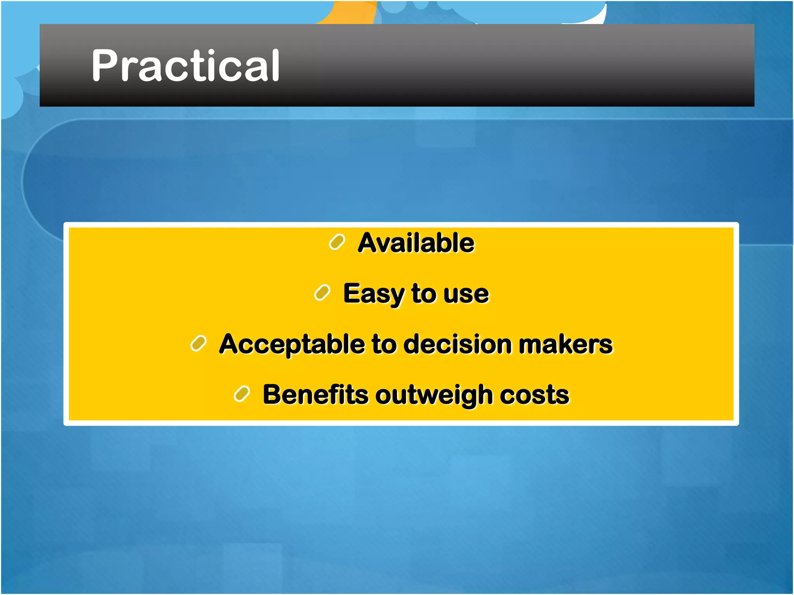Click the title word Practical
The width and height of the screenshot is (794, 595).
(185, 66)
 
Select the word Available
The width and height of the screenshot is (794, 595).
(416, 243)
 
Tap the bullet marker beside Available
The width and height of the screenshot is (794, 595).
(337, 242)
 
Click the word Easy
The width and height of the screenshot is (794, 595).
(373, 294)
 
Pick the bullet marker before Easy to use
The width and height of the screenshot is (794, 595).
(322, 293)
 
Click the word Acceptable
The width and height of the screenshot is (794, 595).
(292, 344)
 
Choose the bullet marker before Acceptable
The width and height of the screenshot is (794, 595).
(198, 344)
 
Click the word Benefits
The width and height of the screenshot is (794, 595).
(315, 395)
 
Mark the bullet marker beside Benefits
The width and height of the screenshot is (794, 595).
(242, 394)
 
